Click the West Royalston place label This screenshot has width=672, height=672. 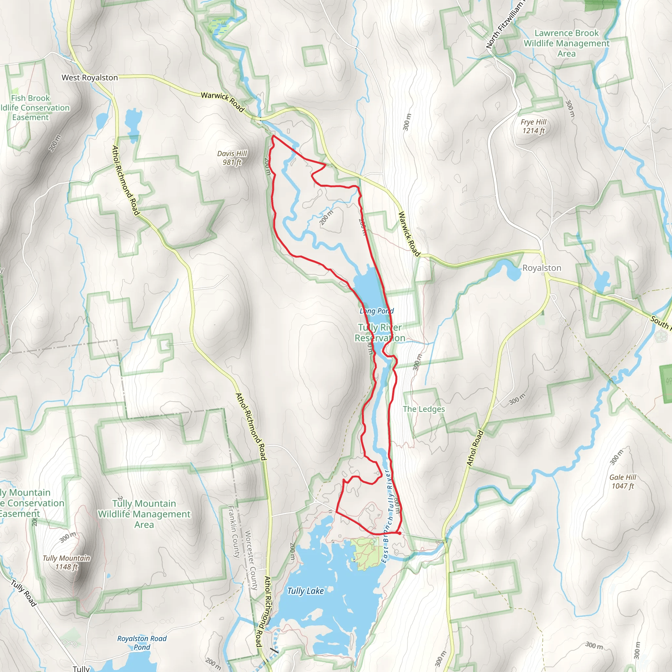point(90,77)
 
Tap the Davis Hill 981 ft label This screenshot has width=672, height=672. point(232,158)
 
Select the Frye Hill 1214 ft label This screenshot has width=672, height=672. point(534,126)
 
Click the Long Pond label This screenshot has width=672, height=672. point(377,311)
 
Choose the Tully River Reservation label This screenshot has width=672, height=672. point(380,332)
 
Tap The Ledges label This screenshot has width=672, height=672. point(424,409)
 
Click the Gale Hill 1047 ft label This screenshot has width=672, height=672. point(622,481)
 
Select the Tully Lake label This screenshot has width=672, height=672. point(305,591)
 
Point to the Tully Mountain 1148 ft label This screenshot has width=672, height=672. point(66,562)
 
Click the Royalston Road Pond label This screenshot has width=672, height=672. point(142,643)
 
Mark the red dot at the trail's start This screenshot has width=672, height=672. point(400,533)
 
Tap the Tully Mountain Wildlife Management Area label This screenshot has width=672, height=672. point(144,514)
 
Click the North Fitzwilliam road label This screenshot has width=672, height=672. point(505,24)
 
